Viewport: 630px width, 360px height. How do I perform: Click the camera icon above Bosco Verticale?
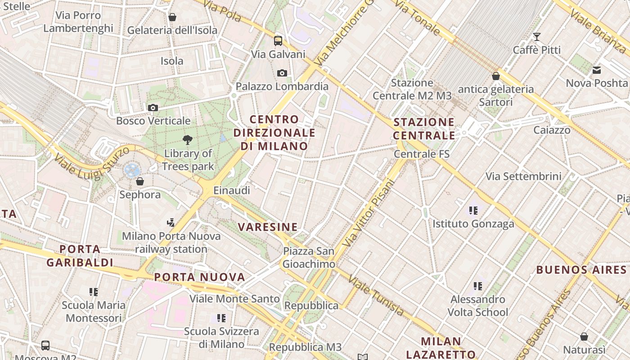(x=153, y=108)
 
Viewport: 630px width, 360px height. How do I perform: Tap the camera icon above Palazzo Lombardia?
(x=282, y=73)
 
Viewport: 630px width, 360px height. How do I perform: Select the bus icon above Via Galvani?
(x=278, y=41)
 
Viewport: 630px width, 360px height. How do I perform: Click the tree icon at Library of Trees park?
(x=188, y=140)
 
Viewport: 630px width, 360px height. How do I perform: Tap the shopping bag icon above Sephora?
(x=140, y=181)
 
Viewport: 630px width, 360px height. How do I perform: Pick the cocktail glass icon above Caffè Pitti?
(x=536, y=36)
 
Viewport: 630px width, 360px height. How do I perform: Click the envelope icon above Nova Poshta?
(x=597, y=70)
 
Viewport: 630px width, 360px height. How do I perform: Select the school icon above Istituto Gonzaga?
(x=473, y=210)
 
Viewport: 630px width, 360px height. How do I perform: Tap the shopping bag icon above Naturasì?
(x=584, y=337)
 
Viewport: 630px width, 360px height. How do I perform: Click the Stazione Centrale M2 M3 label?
(x=412, y=89)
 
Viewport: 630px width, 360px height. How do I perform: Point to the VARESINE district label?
(x=268, y=227)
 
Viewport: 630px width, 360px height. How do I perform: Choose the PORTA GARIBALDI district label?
(x=80, y=256)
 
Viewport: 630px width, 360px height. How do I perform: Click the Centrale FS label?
(x=422, y=154)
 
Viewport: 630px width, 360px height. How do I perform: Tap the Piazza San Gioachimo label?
(x=309, y=257)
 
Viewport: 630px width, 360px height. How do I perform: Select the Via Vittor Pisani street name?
(x=368, y=213)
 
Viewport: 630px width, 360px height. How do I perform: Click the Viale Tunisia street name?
(x=376, y=296)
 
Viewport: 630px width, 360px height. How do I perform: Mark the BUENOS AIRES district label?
(x=581, y=270)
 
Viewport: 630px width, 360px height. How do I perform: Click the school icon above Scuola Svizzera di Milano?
(x=221, y=318)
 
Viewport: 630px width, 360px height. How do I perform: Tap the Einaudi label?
(x=231, y=190)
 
